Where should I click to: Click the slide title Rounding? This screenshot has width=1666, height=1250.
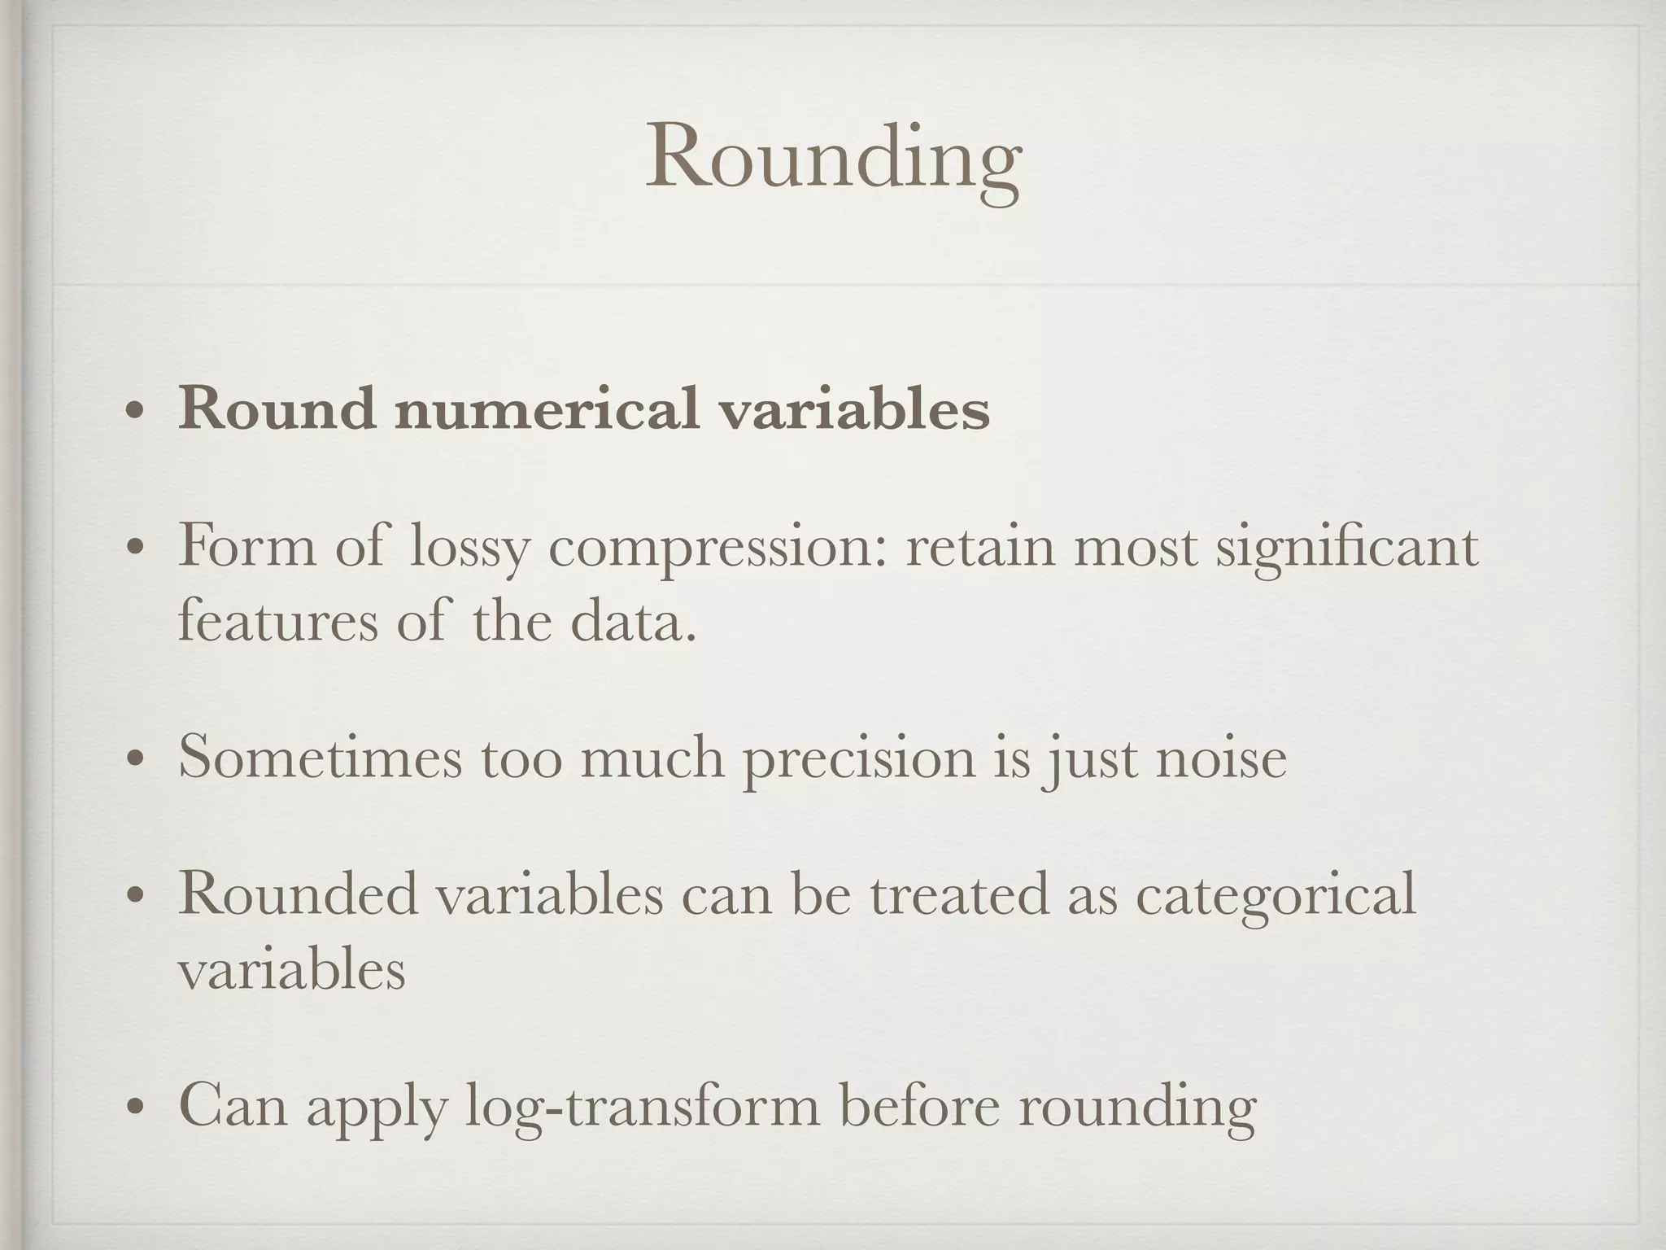[833, 158]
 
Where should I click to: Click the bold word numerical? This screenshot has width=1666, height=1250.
[547, 409]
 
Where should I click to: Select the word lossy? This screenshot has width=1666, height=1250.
[469, 547]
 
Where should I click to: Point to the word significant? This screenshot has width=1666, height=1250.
[1346, 547]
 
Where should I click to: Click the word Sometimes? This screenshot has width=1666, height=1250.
[320, 758]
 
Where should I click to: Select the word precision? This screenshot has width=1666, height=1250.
[858, 758]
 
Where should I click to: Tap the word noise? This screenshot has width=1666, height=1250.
[1221, 758]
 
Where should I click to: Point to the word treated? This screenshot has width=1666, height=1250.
[959, 894]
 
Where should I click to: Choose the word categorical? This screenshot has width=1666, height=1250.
[1276, 894]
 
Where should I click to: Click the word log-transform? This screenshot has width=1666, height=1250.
[643, 1106]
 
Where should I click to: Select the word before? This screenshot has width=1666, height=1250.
[919, 1106]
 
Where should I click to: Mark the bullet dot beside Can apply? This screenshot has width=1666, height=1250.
[135, 1108]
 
